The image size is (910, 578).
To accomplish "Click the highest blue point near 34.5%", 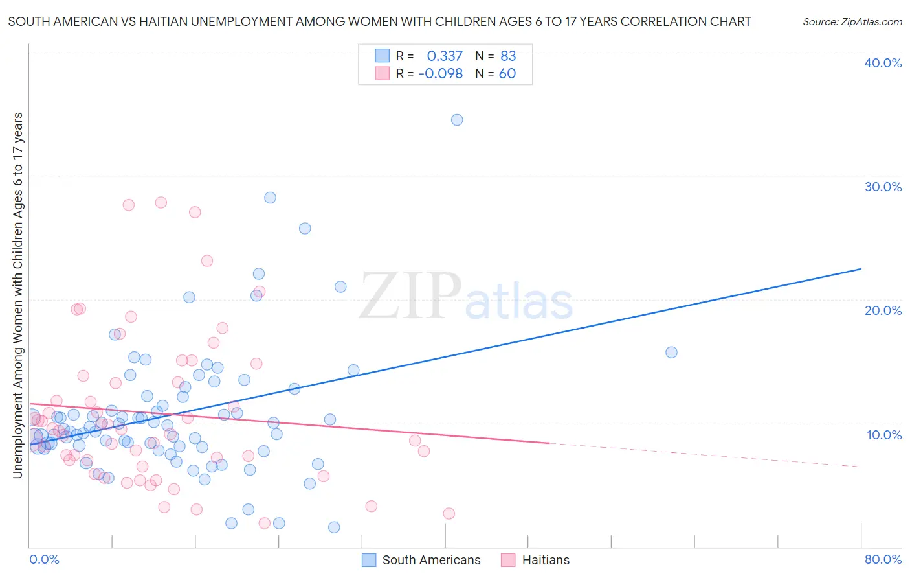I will (457, 120).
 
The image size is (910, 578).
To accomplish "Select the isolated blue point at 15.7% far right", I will (671, 353).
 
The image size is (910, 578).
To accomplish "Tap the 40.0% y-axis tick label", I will (883, 64).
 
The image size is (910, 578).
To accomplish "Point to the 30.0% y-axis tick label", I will (883, 187).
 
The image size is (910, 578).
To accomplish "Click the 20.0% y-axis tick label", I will (883, 311).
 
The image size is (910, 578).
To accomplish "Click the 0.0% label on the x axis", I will (44, 560).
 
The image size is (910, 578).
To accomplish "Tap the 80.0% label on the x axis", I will (883, 560).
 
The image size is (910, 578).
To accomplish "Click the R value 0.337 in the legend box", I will (445, 56).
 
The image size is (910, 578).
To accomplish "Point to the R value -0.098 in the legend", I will (441, 74).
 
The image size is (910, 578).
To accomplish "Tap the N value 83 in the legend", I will (508, 56).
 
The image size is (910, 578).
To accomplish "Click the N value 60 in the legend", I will (507, 74).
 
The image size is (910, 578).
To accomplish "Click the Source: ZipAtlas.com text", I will (852, 22).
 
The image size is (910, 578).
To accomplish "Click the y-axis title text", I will (17, 295).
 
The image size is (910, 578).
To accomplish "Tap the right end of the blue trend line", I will (861, 269).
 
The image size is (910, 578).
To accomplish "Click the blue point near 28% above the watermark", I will (270, 198).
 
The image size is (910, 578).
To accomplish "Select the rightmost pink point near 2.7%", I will (449, 514).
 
